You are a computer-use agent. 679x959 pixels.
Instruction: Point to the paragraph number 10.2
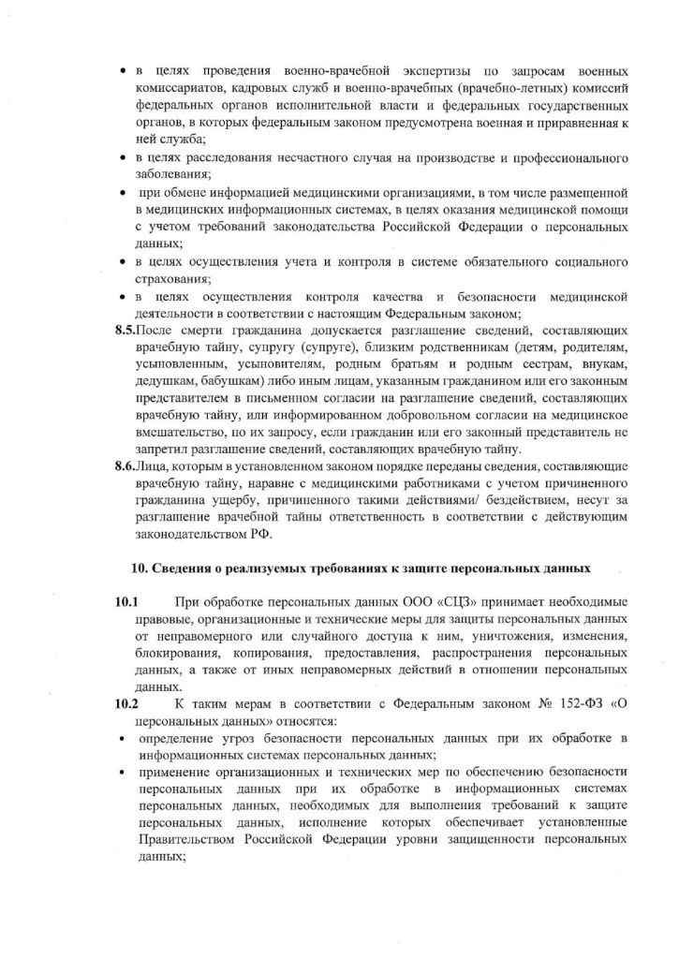pyautogui.click(x=125, y=705)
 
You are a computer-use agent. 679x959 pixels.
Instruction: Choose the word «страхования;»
pyautogui.click(x=173, y=278)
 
